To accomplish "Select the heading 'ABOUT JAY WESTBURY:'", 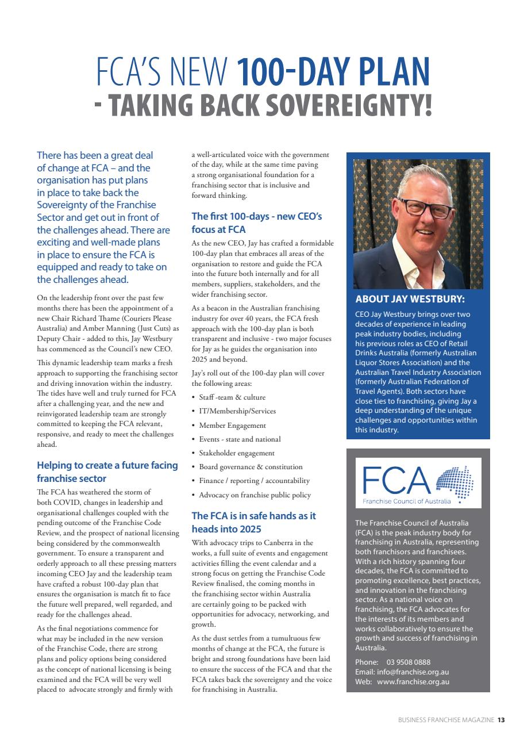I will pos(410,299).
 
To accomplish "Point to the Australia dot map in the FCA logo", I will pos(454,482).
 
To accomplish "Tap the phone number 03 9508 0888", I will pos(409,662).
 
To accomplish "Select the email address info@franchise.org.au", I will pos(414,672).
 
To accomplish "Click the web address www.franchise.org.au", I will pos(413,682).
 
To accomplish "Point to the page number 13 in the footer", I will pos(501,719).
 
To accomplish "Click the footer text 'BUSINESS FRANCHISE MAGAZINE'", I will pos(446,719).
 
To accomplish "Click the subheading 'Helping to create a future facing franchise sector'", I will pos(107,471).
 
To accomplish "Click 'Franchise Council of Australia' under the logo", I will pos(407,501).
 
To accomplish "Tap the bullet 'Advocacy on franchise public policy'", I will pos(255,495).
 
